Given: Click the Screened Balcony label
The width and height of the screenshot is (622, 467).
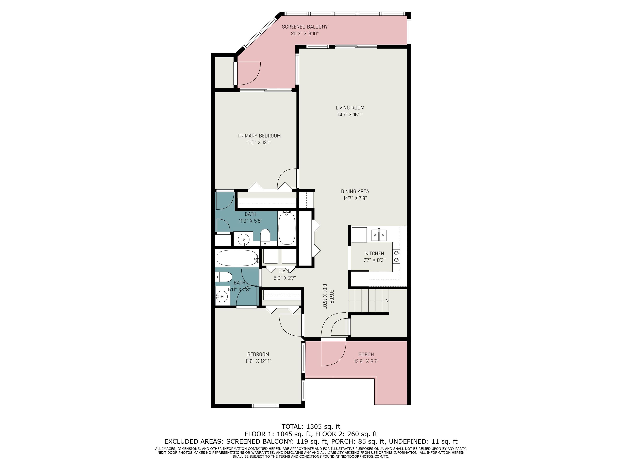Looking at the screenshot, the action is [x=305, y=27].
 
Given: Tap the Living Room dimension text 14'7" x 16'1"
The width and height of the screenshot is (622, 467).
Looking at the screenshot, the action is [x=350, y=115].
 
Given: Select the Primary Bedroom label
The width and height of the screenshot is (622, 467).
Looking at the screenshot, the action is [x=259, y=136].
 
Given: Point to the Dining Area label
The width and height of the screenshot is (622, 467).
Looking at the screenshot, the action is [x=355, y=191].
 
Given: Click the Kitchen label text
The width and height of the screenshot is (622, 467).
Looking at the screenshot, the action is [x=375, y=253].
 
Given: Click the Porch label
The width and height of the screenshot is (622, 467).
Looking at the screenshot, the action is [x=366, y=354].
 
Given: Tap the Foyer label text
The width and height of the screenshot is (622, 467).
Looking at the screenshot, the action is [x=332, y=296].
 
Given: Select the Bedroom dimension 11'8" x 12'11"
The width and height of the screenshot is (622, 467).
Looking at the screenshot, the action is [x=258, y=361].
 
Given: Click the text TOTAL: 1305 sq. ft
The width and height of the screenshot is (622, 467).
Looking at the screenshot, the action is [x=311, y=426].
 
